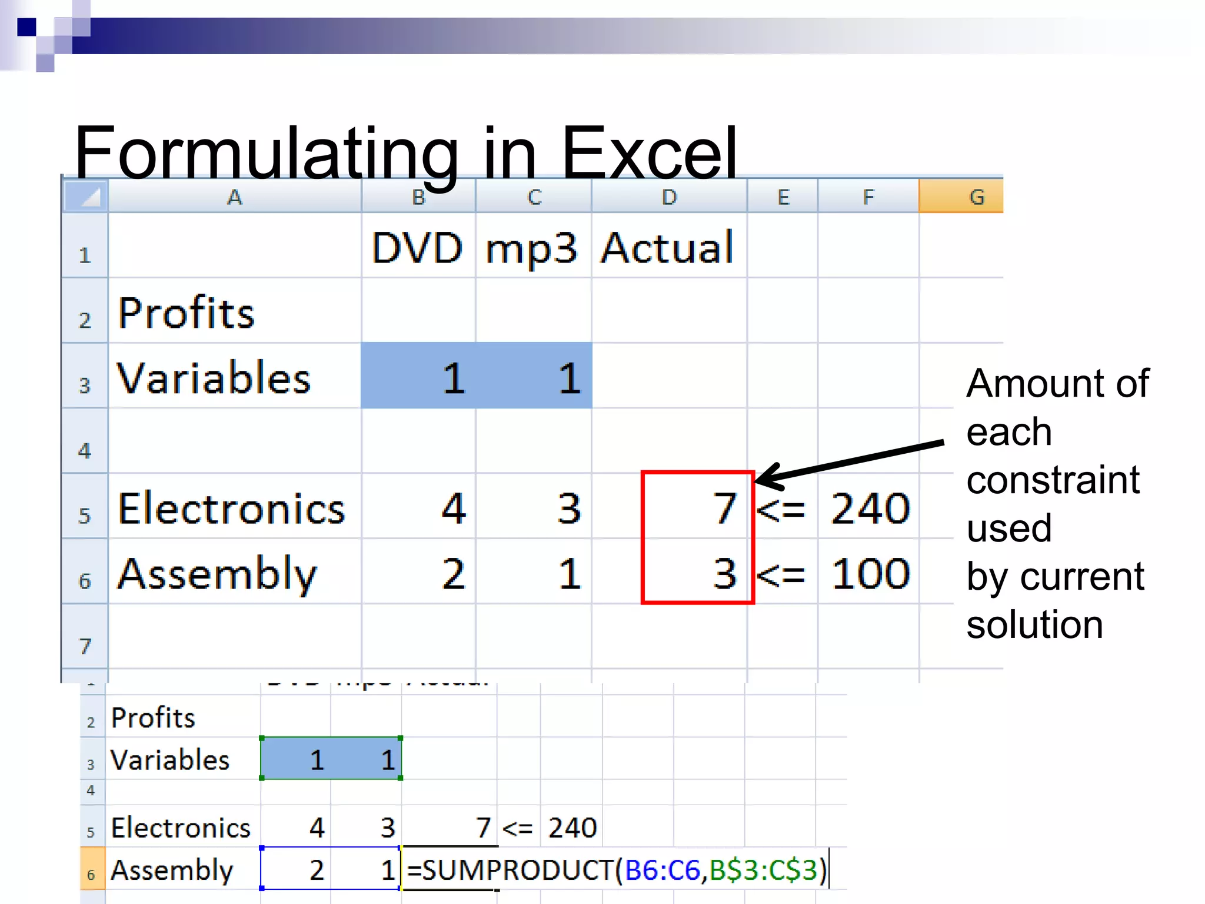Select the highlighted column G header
tap(960, 197)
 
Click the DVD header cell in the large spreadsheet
tap(417, 247)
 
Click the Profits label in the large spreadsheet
tap(186, 313)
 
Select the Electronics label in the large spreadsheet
tap(231, 508)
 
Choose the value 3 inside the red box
tap(724, 574)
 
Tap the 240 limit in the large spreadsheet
tap(870, 508)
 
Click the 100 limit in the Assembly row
tap(870, 574)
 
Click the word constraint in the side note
tap(1053, 480)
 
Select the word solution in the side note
tap(1034, 624)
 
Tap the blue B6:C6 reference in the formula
tap(662, 870)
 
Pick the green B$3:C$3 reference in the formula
tap(764, 870)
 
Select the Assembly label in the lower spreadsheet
tap(172, 870)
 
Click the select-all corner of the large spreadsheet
tap(86, 197)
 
